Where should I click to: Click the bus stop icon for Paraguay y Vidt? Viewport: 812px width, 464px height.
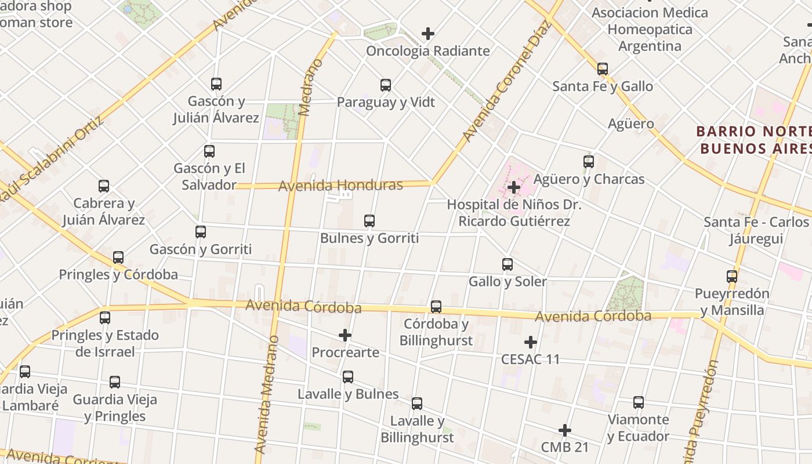point(386,85)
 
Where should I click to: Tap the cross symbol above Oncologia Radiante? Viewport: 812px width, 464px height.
point(428,34)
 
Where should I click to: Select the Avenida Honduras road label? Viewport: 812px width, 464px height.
point(340,186)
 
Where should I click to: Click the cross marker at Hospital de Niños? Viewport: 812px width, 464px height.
point(513,187)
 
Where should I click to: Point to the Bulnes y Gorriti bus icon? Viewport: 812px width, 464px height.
point(369,221)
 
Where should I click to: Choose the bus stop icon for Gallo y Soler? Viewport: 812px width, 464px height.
point(507,264)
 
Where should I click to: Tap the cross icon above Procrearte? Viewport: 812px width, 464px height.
point(345,335)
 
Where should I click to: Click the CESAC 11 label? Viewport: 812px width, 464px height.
point(531,359)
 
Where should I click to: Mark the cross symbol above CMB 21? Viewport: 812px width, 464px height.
point(565,430)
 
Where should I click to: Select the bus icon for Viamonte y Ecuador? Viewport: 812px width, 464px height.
point(639,403)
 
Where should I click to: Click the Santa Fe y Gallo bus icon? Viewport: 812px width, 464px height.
point(603,69)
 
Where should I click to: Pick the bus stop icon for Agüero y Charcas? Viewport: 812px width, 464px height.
point(589,162)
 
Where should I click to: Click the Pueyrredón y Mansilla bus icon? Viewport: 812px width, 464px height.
point(732,277)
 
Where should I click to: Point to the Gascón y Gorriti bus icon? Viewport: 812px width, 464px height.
point(201,232)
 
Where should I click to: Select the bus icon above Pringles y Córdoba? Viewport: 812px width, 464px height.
point(118,258)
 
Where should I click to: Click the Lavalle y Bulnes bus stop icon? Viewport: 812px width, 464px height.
point(348,377)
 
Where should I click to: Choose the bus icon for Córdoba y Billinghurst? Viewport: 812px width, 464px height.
point(436,307)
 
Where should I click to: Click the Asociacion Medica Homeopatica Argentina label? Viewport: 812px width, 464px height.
point(650,29)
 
